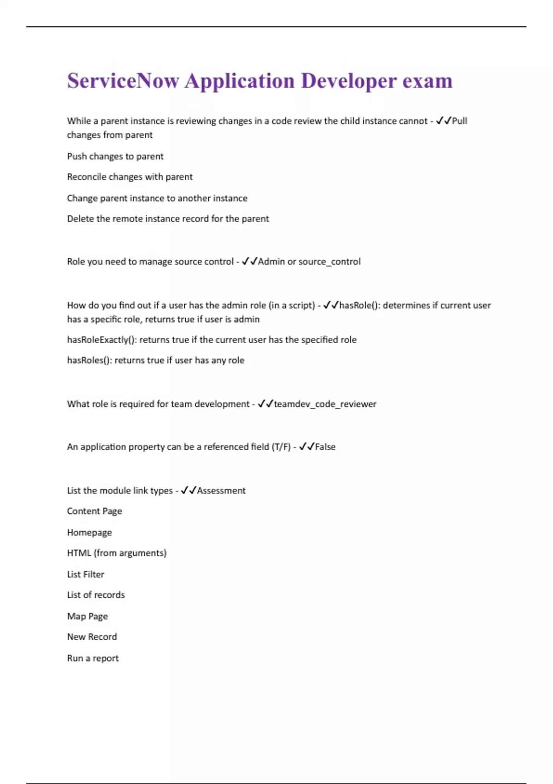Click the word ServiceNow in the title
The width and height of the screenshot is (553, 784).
pos(123,81)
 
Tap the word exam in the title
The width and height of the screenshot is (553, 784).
pos(427,81)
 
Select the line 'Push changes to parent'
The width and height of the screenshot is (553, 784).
pos(115,156)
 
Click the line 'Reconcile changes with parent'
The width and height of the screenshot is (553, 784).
pos(129,177)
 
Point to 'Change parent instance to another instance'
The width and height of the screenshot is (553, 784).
pos(157,198)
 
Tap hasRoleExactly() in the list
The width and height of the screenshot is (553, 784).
pos(102,340)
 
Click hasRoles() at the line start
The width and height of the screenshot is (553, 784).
pos(89,361)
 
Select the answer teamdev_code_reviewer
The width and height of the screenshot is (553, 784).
pos(325,404)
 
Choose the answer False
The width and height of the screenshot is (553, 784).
pos(325,447)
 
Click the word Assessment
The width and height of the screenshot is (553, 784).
pos(221,491)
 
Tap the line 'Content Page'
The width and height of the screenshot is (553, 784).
pos(94,511)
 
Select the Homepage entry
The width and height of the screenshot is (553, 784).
pos(89,533)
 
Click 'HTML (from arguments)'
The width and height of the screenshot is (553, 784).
pos(117,553)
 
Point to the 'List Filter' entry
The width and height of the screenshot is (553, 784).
pos(86,575)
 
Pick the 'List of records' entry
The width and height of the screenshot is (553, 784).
pos(96,595)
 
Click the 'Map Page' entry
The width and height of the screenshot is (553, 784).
pos(88,617)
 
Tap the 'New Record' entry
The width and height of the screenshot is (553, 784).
pos(92,637)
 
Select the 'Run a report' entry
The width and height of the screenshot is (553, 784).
pos(93,659)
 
